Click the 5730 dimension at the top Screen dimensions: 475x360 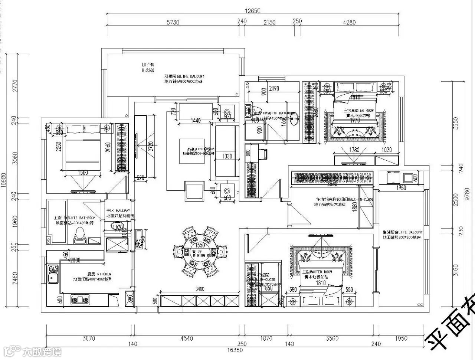click(173, 22)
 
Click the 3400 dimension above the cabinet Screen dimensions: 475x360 click(199, 289)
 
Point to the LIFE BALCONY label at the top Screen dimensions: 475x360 click(184, 76)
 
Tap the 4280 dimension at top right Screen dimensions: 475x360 click(349, 22)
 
